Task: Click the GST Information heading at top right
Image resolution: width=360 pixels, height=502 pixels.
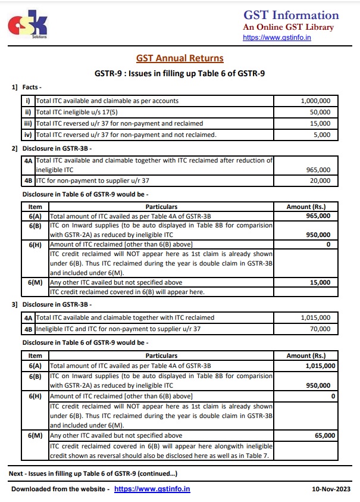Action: pyautogui.click(x=291, y=15)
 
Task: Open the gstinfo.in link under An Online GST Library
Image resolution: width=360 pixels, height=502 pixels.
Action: pyautogui.click(x=277, y=38)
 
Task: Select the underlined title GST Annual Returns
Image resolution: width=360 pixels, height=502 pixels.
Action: pyautogui.click(x=180, y=58)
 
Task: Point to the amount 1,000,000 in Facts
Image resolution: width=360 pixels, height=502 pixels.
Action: pyautogui.click(x=321, y=101)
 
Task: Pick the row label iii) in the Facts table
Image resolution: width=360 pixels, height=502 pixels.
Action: pyautogui.click(x=27, y=123)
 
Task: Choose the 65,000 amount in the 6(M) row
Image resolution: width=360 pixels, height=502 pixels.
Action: pyautogui.click(x=325, y=436)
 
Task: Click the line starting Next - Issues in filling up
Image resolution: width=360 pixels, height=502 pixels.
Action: pyautogui.click(x=92, y=473)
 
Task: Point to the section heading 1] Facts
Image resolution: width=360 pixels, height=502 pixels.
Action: pyautogui.click(x=26, y=88)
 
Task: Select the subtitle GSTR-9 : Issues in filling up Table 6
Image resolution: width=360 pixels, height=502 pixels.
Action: pyautogui.click(x=180, y=74)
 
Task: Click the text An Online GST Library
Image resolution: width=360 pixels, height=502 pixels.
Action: pyautogui.click(x=288, y=27)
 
